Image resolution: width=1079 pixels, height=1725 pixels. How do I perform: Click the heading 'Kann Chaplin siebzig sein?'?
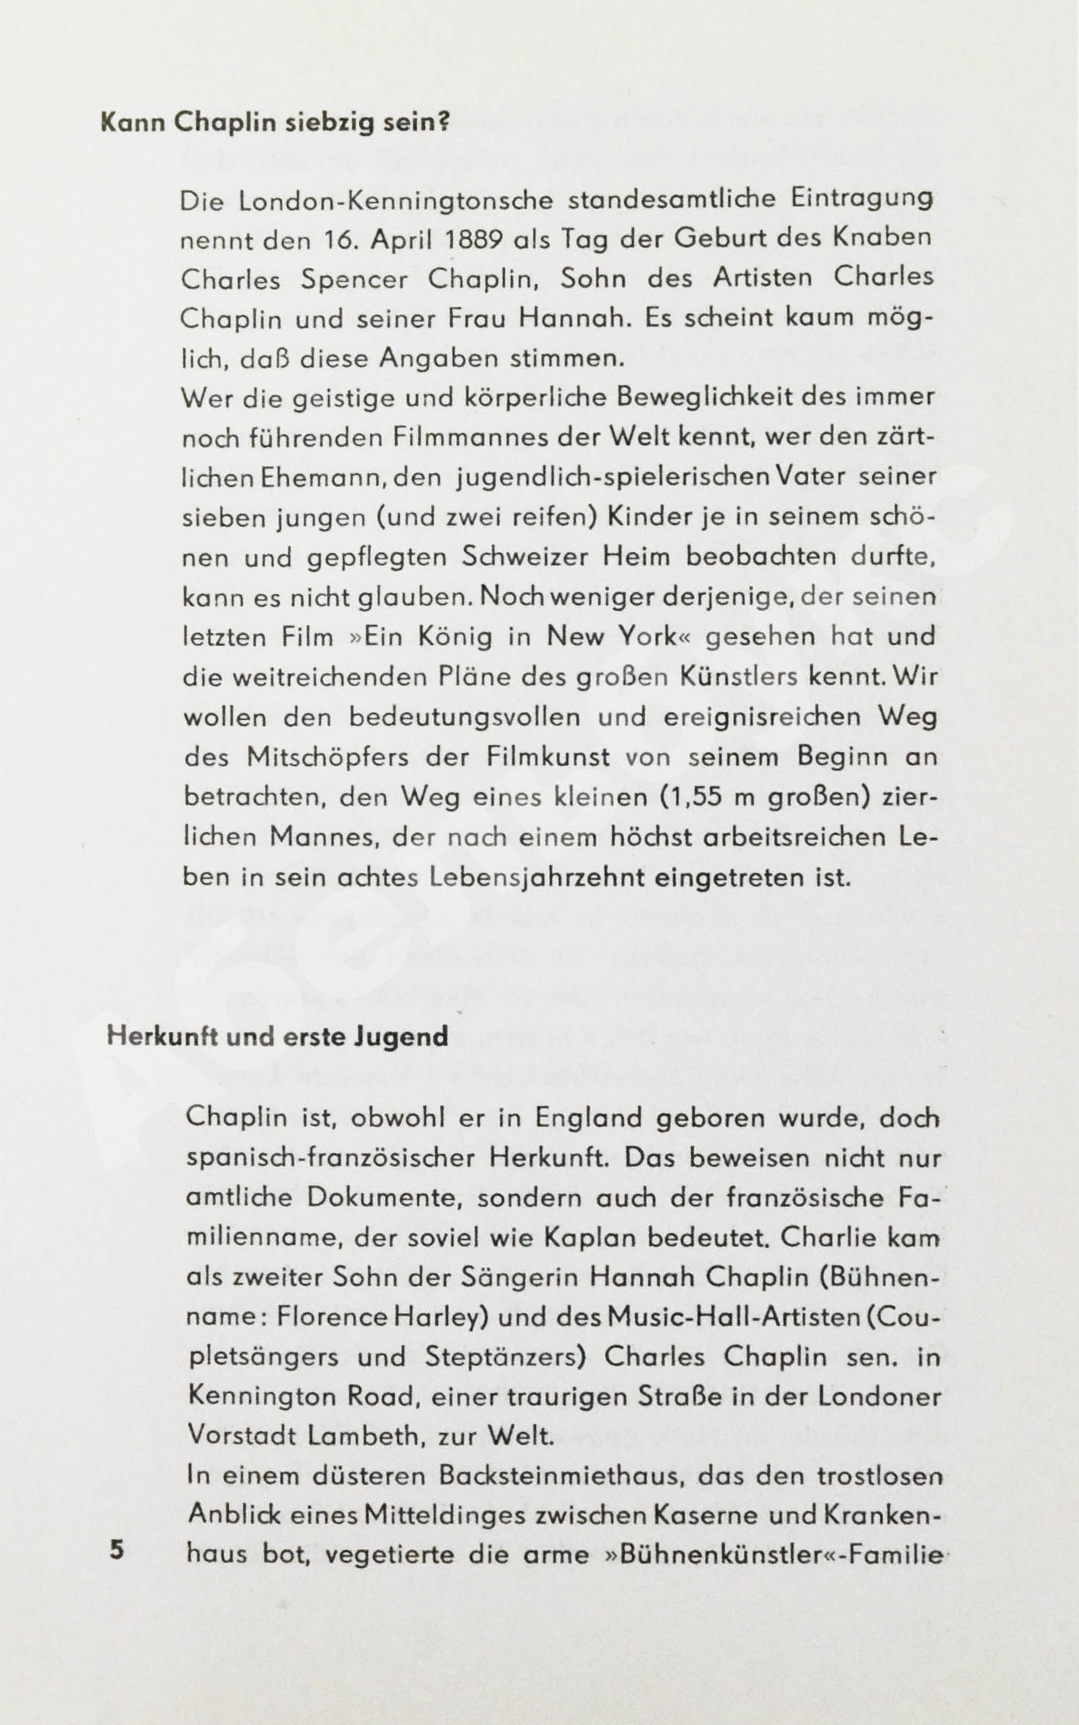[274, 123]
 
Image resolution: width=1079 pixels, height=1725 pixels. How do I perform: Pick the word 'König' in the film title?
[455, 636]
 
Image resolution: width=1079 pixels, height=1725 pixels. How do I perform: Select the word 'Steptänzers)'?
[506, 1357]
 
